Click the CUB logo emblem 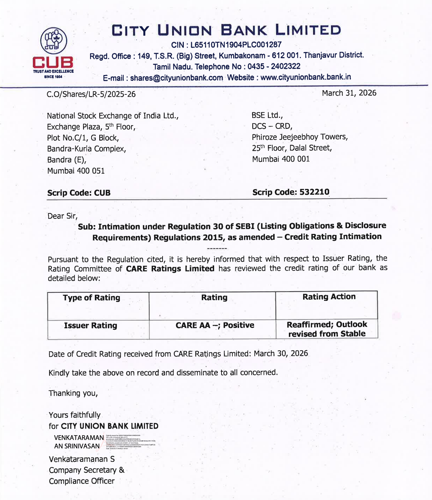coord(53,41)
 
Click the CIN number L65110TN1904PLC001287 coord(236,45)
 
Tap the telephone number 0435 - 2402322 coord(274,67)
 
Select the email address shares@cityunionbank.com coord(176,78)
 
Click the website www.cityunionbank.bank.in coord(305,77)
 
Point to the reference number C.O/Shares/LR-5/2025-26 coord(91,94)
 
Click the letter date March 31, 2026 coord(349,93)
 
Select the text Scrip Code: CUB coord(79,193)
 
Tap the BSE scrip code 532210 coord(314,192)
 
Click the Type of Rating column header coord(92,298)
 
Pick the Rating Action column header coord(329,297)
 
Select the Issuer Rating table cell coord(90,326)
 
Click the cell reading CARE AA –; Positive coord(215,325)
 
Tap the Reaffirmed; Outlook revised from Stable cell coord(327,329)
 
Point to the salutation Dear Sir coord(62,216)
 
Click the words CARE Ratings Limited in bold coord(170,269)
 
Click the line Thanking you coord(73,393)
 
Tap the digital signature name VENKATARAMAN coord(79,438)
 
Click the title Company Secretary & coord(86,470)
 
